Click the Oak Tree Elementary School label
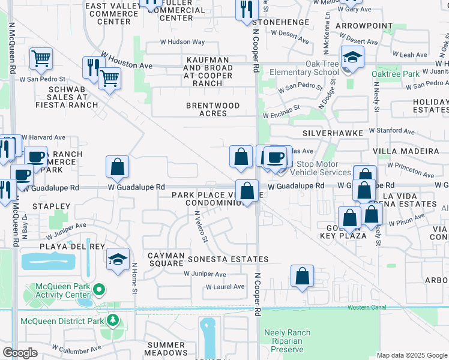pos(305,68)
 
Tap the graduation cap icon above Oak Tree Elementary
pos(351,58)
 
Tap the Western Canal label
pos(367,308)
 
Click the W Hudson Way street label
pos(182,43)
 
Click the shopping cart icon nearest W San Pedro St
pos(41,58)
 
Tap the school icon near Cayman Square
pos(118,259)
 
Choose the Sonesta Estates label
pos(228,259)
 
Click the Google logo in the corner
pos(20,353)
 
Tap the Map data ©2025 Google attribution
pos(412,355)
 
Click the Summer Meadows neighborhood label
pos(166,349)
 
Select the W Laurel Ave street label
pos(225,287)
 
